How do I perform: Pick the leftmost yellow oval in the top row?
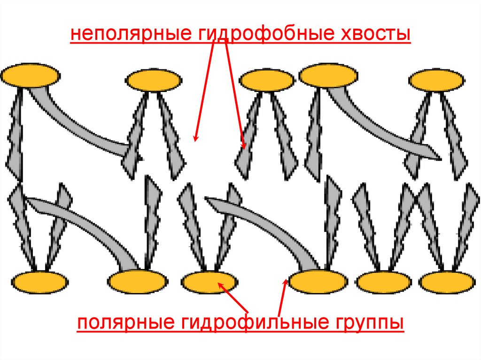[31, 75]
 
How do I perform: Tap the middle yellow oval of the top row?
[266, 80]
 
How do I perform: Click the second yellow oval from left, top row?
[153, 81]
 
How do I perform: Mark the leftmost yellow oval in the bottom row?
[39, 282]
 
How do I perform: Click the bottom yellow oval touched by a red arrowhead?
[209, 282]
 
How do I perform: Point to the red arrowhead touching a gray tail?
[244, 146]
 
